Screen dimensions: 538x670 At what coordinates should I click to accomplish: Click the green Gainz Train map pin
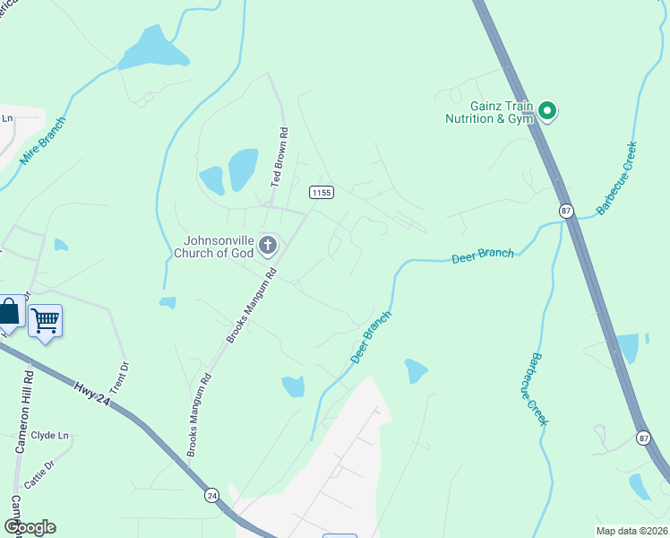click(x=546, y=112)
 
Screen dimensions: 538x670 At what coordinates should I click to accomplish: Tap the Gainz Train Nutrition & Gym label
click(x=490, y=112)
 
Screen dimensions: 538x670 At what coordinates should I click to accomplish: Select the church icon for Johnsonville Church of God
click(x=267, y=245)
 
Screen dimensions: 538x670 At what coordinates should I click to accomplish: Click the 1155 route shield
click(x=322, y=193)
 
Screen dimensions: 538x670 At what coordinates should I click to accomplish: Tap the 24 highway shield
click(x=211, y=494)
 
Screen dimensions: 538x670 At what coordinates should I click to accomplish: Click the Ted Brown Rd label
click(x=279, y=161)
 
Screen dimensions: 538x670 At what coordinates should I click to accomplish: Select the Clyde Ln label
click(x=50, y=436)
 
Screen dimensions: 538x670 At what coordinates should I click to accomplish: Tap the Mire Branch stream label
click(x=43, y=142)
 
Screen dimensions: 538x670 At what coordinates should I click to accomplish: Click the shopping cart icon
click(x=45, y=320)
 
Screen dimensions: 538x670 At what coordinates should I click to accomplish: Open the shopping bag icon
click(x=10, y=312)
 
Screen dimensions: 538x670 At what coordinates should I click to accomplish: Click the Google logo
click(x=30, y=527)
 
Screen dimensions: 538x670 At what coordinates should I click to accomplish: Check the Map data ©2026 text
click(x=631, y=531)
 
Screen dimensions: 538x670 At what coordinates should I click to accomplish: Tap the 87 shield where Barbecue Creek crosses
click(x=565, y=210)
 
